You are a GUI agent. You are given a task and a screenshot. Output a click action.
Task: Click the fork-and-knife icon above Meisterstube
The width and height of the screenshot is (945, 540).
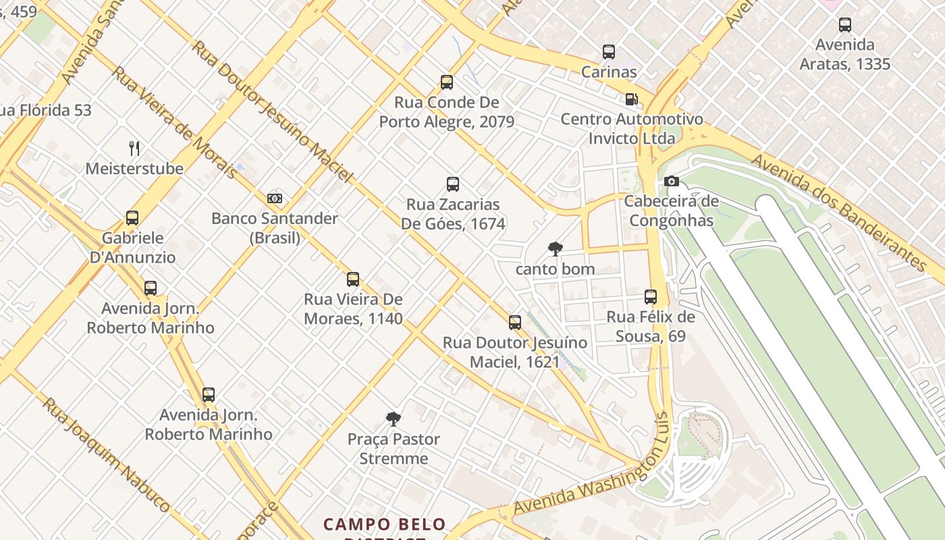click(x=134, y=148)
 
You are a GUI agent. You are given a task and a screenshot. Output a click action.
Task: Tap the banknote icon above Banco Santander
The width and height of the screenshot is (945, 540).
click(x=274, y=198)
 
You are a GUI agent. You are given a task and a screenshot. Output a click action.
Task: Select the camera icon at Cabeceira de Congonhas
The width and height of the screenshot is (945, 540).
click(x=671, y=181)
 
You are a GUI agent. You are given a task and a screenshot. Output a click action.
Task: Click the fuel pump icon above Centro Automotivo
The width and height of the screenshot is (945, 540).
click(x=631, y=99)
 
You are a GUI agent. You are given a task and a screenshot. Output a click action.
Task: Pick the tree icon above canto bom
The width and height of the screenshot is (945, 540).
click(x=555, y=249)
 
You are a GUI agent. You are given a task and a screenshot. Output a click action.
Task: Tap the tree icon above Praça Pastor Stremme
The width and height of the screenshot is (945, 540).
click(x=393, y=419)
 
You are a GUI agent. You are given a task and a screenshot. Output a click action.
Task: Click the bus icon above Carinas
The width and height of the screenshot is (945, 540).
click(x=609, y=52)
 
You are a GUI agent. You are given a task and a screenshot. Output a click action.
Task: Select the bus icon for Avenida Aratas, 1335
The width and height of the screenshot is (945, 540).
click(x=844, y=25)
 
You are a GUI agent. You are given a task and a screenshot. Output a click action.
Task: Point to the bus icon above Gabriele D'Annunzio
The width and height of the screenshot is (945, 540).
click(x=132, y=218)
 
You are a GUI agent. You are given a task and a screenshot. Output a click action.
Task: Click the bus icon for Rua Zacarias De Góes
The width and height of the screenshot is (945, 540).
click(x=453, y=184)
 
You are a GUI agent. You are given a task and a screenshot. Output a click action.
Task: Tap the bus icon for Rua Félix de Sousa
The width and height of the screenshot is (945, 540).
click(x=651, y=297)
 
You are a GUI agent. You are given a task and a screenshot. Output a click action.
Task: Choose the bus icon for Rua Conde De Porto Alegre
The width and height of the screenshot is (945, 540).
click(x=446, y=82)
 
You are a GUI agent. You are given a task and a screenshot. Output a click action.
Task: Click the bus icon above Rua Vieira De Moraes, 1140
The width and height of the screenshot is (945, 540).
click(x=353, y=279)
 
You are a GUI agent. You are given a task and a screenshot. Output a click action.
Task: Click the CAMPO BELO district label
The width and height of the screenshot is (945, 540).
click(x=384, y=524)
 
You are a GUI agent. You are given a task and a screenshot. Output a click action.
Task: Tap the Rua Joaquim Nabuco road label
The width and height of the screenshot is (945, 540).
click(x=106, y=454)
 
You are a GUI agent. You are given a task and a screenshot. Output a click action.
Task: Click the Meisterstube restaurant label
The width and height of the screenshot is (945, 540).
click(x=134, y=169)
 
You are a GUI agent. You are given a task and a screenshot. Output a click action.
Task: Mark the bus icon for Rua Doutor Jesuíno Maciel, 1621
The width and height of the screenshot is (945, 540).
click(x=515, y=323)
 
